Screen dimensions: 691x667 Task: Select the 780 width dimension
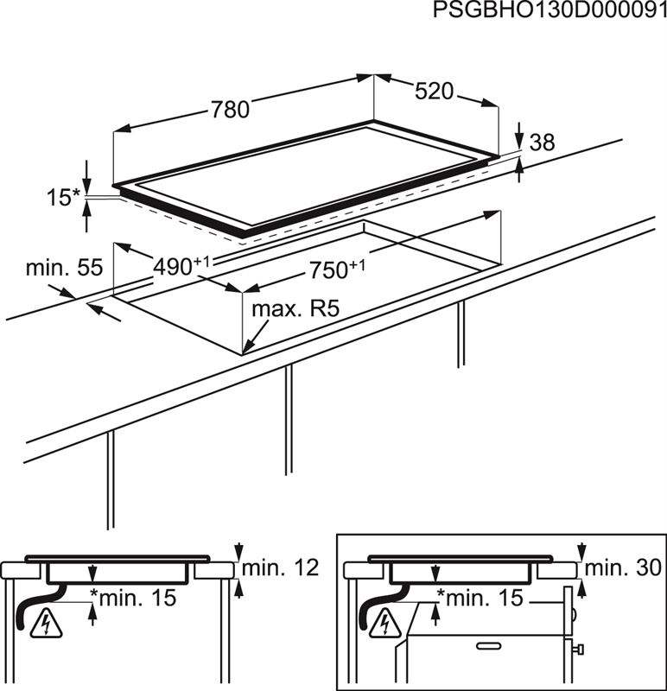tap(231, 109)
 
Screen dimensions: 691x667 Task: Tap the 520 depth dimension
tap(434, 91)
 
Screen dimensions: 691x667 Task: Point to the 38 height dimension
tap(542, 143)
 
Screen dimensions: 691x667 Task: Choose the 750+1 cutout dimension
tap(333, 269)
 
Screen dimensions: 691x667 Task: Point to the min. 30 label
tap(621, 567)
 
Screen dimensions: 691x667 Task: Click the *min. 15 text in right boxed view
tap(480, 596)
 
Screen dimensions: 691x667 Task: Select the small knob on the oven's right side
tap(578, 648)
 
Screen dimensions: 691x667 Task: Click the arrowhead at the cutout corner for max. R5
tap(247, 349)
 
